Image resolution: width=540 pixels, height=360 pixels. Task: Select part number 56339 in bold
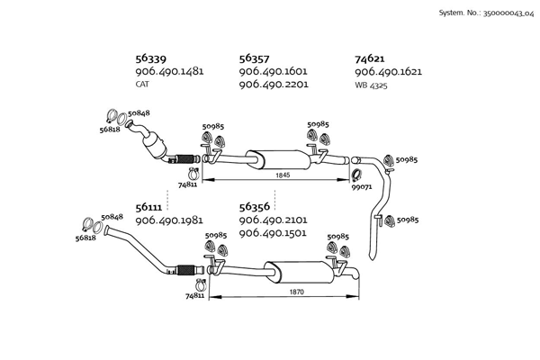(x=150, y=58)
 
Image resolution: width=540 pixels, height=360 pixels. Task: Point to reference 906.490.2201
(x=274, y=85)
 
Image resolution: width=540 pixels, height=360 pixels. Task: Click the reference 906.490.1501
(x=274, y=233)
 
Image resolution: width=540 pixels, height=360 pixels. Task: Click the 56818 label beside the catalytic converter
(x=110, y=130)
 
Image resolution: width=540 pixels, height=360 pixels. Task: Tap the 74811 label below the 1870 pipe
(x=195, y=295)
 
